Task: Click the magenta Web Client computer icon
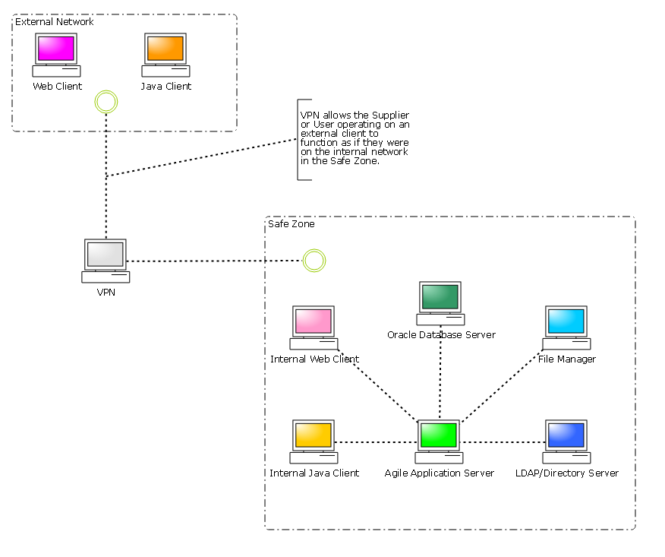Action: [x=56, y=55]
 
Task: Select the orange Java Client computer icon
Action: [x=165, y=55]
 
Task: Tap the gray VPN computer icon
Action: [x=106, y=261]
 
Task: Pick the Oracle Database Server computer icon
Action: [x=440, y=303]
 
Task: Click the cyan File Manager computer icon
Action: [x=566, y=328]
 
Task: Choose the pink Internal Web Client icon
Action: [x=314, y=328]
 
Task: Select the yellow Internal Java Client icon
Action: [x=314, y=441]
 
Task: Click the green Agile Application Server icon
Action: [x=439, y=441]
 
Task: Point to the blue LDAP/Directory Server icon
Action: [x=566, y=441]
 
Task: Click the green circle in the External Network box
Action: [x=106, y=101]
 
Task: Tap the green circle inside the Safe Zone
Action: [x=314, y=261]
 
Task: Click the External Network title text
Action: [x=55, y=22]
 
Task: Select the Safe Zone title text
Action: [x=292, y=224]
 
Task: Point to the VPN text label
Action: [x=106, y=292]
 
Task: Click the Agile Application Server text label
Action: [x=439, y=473]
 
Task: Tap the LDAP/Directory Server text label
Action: [x=566, y=473]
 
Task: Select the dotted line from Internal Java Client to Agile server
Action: [x=377, y=442]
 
